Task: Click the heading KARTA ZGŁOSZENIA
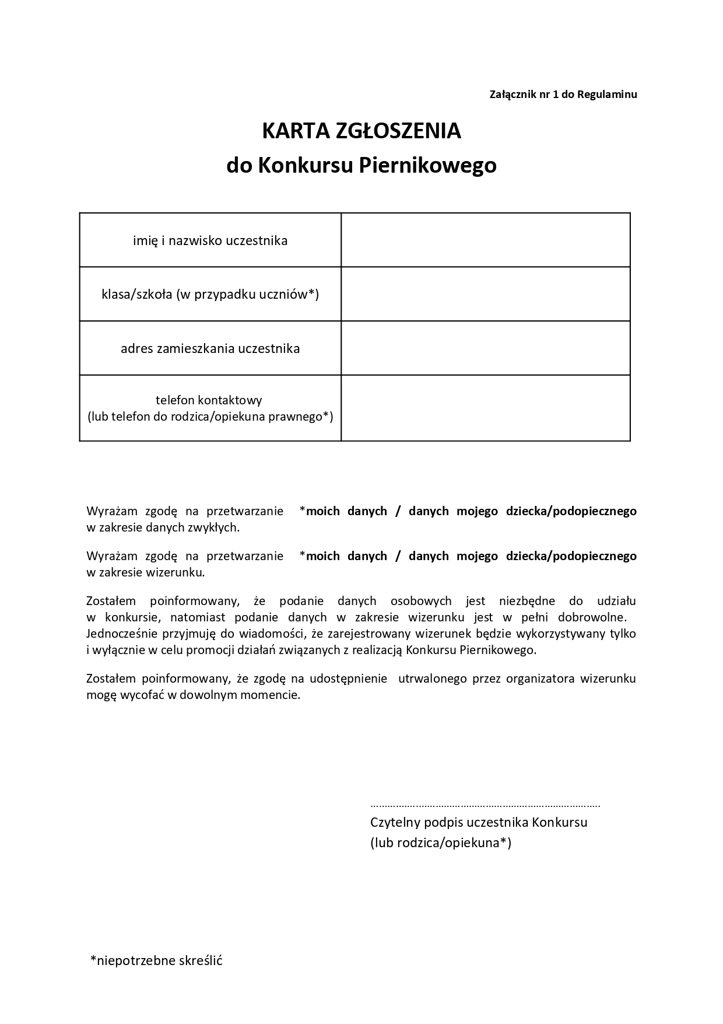[x=361, y=131]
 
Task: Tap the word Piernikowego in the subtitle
[x=427, y=166]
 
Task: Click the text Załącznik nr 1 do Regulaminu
[x=563, y=95]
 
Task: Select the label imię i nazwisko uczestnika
[x=210, y=240]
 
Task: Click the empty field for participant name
[x=485, y=240]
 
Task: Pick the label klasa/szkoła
[x=210, y=295]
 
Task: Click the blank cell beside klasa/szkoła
[x=485, y=295]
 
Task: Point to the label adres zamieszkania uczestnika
[x=210, y=349]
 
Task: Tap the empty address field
[x=485, y=349]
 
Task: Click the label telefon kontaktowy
[x=209, y=400]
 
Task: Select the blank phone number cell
[x=485, y=408]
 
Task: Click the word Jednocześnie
[x=120, y=634]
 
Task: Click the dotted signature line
[x=485, y=805]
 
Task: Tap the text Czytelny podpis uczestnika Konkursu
[x=479, y=823]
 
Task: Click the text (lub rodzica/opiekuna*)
[x=441, y=843]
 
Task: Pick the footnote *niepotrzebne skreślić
[x=156, y=960]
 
